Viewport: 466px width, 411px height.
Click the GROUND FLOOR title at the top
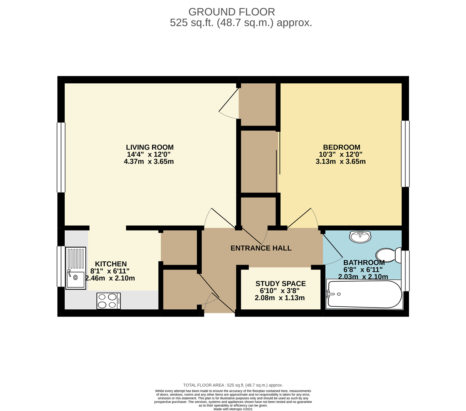coord(231,12)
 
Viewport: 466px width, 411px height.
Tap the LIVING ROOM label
coord(150,147)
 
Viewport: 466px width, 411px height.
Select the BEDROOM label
coord(341,147)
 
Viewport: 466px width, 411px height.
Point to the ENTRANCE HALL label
coord(261,249)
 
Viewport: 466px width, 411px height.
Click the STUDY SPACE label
coord(280,284)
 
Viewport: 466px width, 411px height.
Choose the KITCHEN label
coord(111,264)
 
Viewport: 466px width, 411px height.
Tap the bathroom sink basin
coord(360,237)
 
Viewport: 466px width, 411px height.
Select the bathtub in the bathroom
coord(364,295)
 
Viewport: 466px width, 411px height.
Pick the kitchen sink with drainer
coord(76,268)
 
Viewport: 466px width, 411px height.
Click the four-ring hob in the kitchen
coord(108,301)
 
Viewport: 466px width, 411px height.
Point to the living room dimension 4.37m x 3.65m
coord(149,162)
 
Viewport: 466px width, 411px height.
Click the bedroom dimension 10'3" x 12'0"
coord(340,155)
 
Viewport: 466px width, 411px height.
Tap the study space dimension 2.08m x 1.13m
coord(280,298)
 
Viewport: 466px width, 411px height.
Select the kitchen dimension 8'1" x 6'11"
coord(110,271)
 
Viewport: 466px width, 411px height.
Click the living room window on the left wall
coord(61,157)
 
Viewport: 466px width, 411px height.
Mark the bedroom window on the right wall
coord(405,154)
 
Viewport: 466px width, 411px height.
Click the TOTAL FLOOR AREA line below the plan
coord(233,385)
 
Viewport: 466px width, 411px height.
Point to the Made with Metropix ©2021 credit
coord(233,409)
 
